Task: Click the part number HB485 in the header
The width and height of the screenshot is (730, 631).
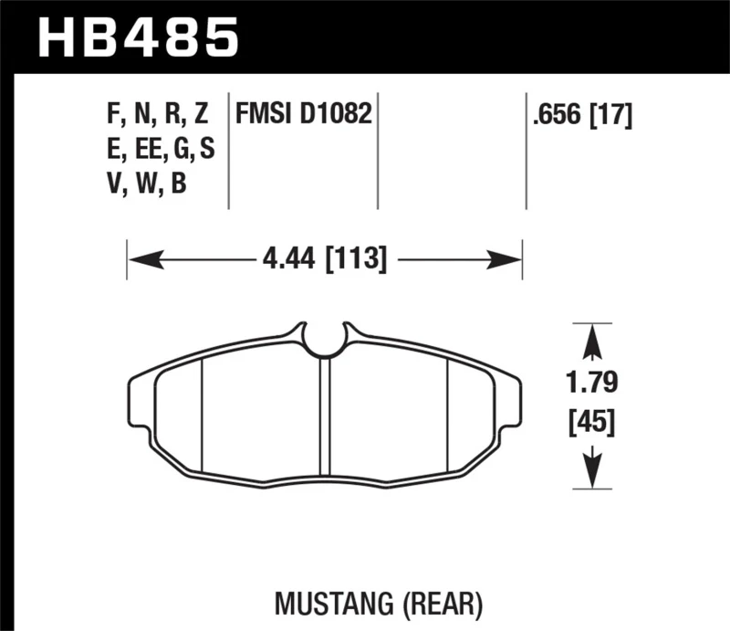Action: pyautogui.click(x=136, y=38)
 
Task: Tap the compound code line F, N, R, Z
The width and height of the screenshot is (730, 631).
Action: pyautogui.click(x=158, y=115)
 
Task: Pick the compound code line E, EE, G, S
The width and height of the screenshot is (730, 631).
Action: pyautogui.click(x=161, y=150)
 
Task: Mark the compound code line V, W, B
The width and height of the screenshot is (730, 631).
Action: pyautogui.click(x=146, y=184)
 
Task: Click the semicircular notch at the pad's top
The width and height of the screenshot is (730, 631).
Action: pyautogui.click(x=324, y=340)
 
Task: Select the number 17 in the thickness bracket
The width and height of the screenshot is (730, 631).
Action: pyautogui.click(x=610, y=115)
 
